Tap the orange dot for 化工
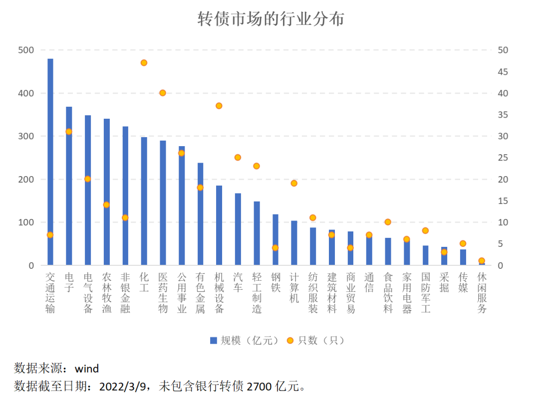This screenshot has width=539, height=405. coord(144,63)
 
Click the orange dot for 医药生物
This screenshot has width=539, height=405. coord(162,93)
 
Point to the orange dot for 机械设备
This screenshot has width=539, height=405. coord(219,106)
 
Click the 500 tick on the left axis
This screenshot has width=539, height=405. coord(25,50)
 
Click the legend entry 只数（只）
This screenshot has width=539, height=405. coord(315,341)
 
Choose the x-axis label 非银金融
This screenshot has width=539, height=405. coord(125,292)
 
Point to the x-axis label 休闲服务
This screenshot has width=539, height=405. coord(482,292)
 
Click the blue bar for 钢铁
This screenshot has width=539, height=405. coord(275,239)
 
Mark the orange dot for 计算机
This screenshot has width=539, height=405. coord(294,183)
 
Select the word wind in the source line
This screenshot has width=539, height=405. coord(86,369)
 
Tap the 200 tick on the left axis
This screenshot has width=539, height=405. coord(25,180)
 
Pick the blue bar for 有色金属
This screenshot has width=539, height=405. coord(200,214)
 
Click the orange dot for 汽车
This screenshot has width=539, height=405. coord(238,158)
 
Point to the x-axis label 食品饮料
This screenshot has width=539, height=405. coord(388,292)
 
